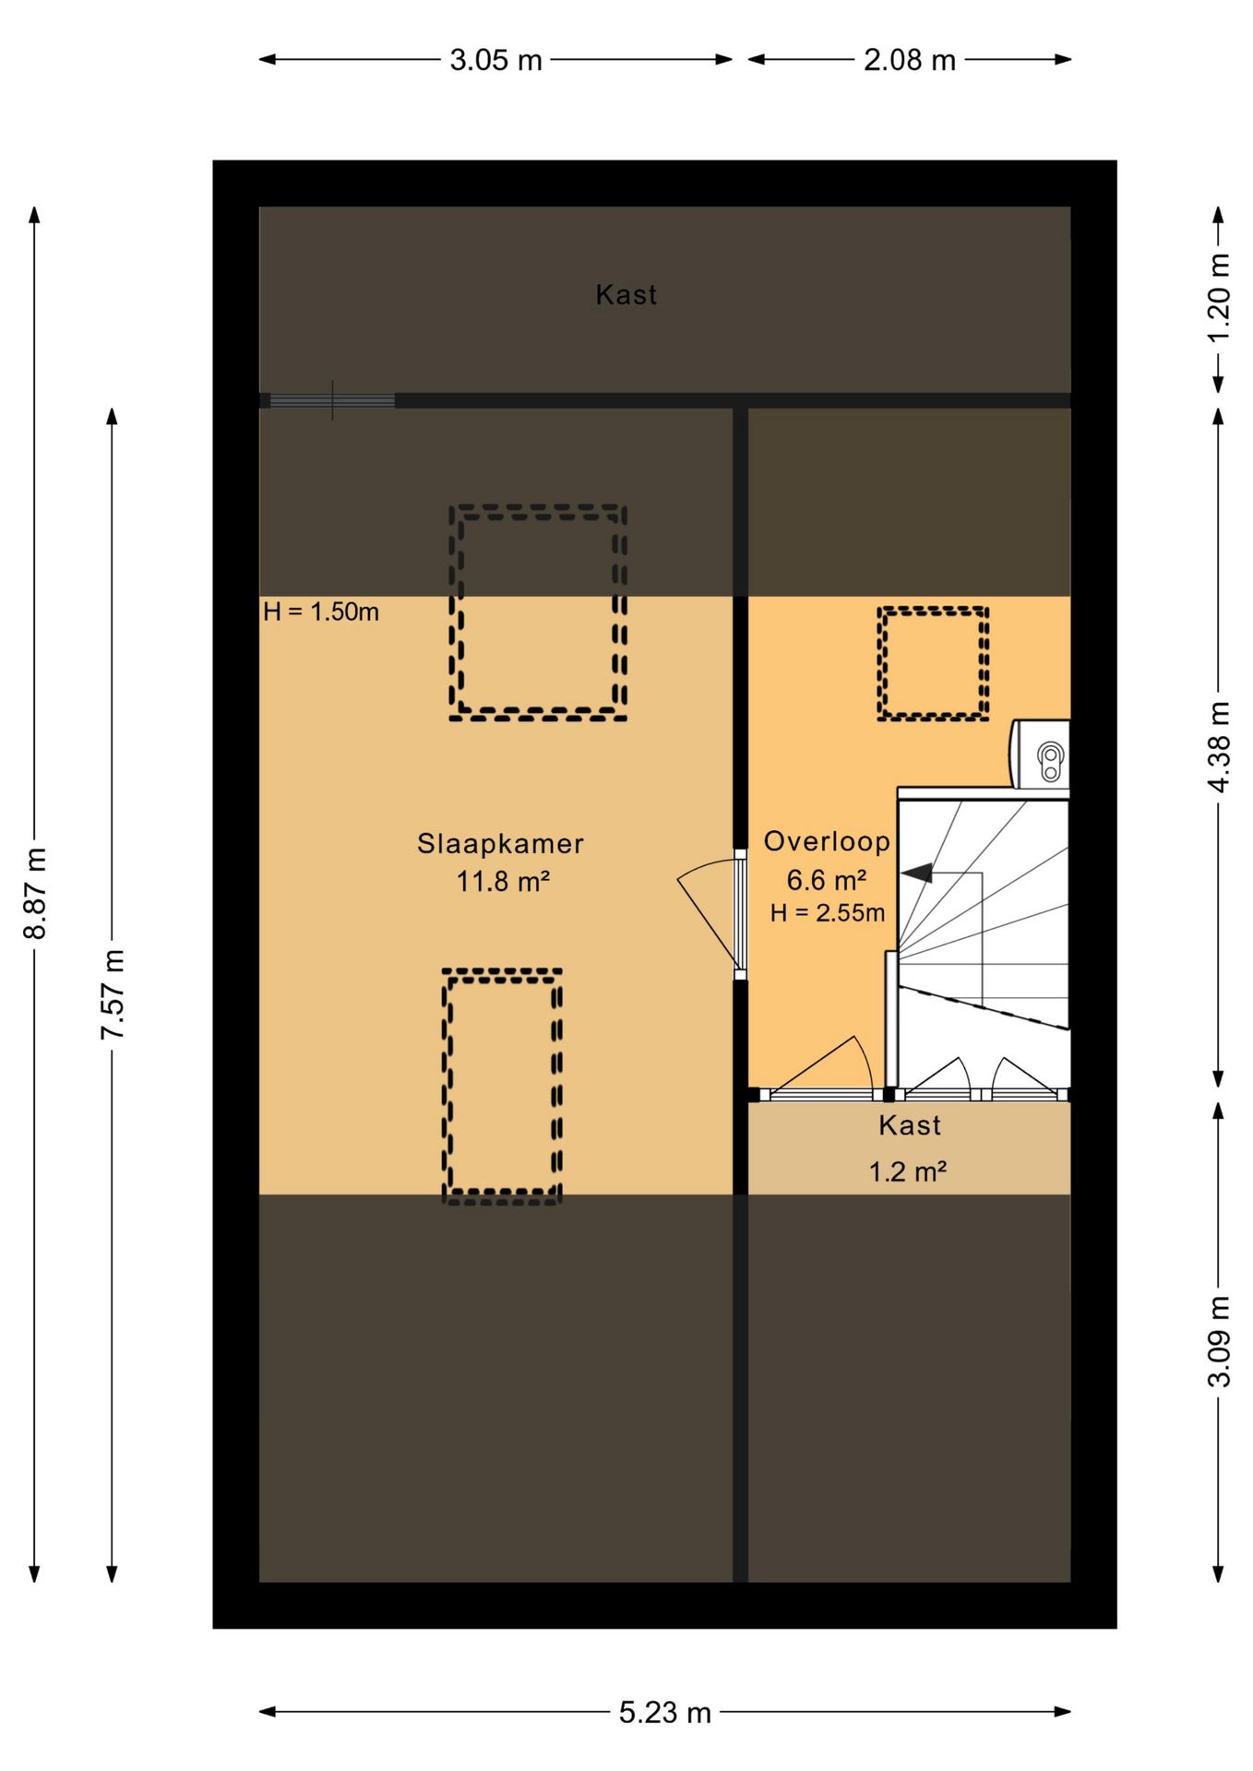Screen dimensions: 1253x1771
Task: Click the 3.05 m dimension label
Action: [495, 60]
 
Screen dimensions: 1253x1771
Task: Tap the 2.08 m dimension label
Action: [909, 60]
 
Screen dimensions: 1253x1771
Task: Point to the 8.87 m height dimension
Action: [35, 892]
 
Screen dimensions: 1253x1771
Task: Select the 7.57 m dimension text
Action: [113, 993]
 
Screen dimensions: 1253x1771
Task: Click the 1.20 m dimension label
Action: [1219, 297]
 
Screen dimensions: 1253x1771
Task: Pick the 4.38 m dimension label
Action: [1219, 747]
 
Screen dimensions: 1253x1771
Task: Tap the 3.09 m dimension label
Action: [1219, 1341]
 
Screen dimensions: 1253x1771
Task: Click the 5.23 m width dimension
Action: [664, 1713]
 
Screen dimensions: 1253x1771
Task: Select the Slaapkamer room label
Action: [500, 844]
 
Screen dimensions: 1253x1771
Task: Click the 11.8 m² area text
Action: [503, 882]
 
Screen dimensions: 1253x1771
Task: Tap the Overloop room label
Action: [827, 841]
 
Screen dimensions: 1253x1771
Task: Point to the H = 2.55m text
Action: [828, 913]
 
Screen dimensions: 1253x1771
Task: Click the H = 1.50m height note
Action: [321, 612]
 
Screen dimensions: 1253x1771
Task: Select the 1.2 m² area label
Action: [908, 1171]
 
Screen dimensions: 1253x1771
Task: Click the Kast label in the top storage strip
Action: [626, 295]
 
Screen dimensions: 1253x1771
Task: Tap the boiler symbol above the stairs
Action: [1041, 755]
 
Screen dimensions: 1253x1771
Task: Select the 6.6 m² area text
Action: [826, 880]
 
